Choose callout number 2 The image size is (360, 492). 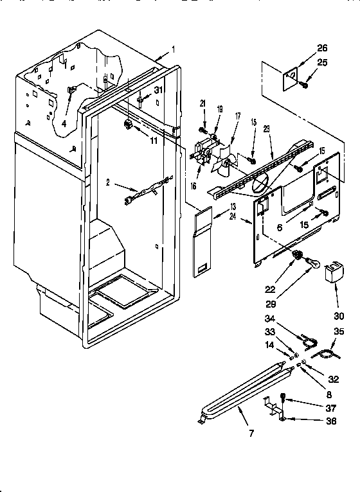[109, 184]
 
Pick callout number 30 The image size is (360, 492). [339, 316]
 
